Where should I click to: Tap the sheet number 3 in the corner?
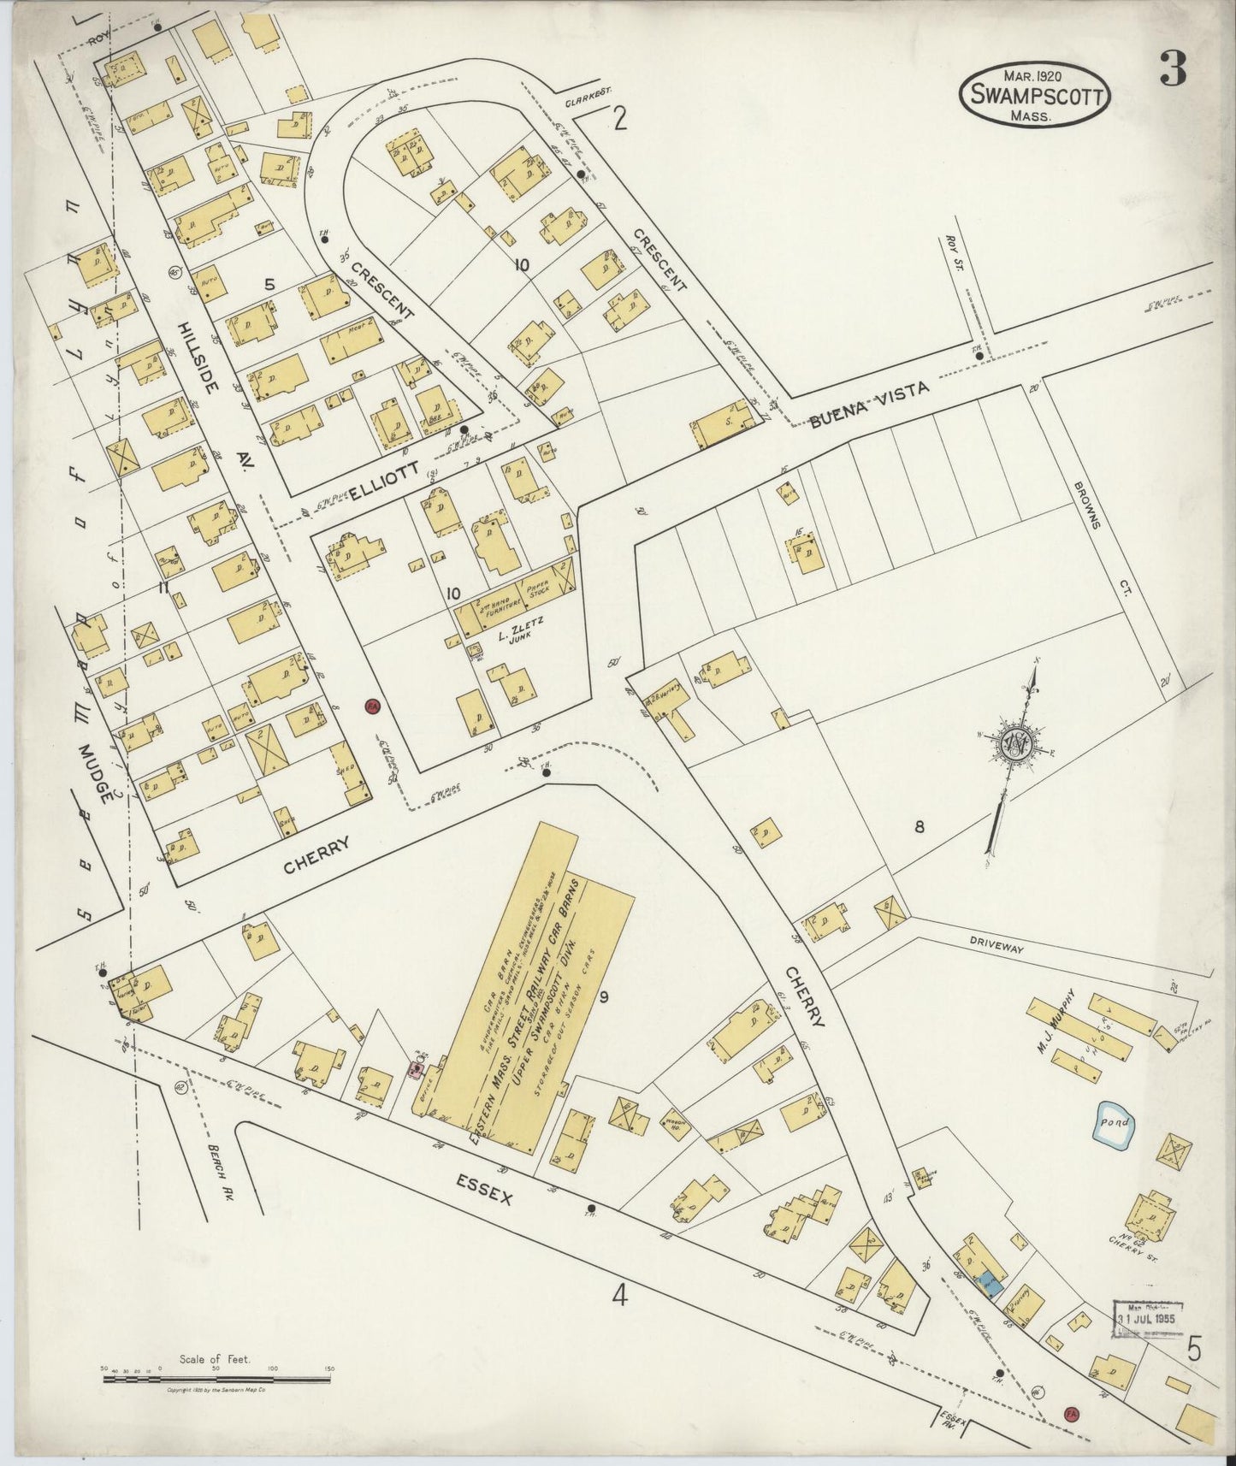[1173, 68]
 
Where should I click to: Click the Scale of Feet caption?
[215, 1358]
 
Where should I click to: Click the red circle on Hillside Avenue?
[371, 706]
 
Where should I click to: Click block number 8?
[920, 827]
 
